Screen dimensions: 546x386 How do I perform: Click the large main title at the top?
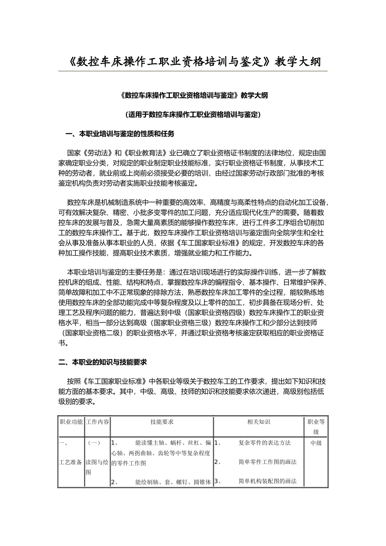tap(193, 61)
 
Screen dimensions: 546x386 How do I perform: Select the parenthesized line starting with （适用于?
tap(193, 115)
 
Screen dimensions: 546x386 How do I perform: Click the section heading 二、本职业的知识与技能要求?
tap(103, 362)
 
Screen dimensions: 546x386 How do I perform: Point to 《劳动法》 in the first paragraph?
tap(98, 153)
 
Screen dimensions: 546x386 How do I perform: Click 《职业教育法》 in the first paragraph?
tap(145, 153)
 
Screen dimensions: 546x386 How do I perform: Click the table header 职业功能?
tap(71, 422)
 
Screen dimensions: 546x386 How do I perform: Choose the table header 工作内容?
tap(97, 422)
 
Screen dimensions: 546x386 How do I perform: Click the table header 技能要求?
tap(162, 422)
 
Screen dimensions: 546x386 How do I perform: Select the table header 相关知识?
tap(258, 422)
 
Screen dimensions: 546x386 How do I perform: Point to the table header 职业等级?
tap(316, 427)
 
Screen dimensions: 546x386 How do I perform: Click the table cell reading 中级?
tap(316, 443)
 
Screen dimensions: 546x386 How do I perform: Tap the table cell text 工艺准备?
tap(71, 462)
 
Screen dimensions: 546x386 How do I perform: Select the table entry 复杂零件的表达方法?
tap(265, 443)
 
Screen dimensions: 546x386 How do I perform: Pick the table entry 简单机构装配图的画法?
tap(267, 481)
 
